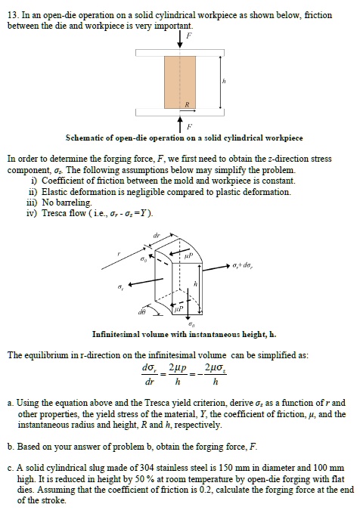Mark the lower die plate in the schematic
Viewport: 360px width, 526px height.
(179, 113)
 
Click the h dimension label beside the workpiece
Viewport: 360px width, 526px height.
(224, 81)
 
